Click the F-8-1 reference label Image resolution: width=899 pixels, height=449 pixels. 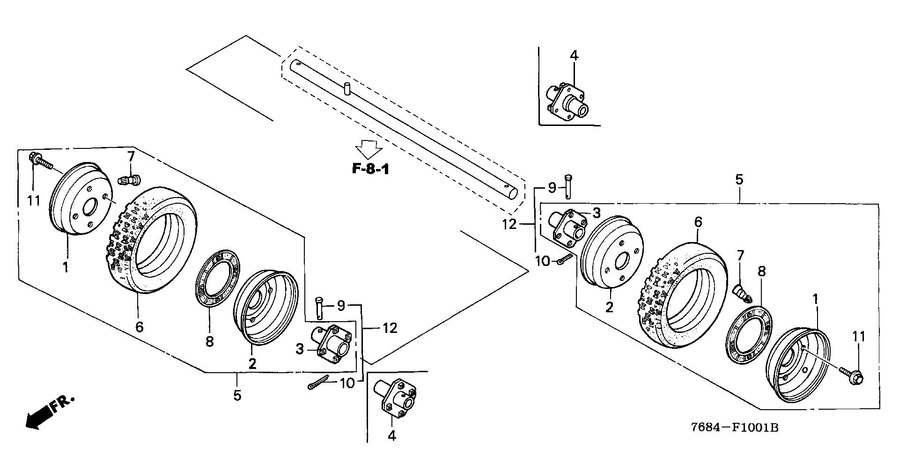[x=370, y=169]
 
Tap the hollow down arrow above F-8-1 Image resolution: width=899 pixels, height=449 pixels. [x=369, y=149]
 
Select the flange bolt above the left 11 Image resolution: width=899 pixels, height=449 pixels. [x=41, y=161]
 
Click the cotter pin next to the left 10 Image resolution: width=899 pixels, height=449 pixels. [x=319, y=383]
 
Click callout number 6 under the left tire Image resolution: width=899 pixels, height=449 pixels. [x=139, y=326]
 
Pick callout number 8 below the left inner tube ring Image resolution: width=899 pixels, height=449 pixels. [x=209, y=341]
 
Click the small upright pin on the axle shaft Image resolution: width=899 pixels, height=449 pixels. [x=347, y=88]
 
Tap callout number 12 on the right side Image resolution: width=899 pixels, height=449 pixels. [x=509, y=224]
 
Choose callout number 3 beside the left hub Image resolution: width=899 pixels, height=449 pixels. [x=300, y=348]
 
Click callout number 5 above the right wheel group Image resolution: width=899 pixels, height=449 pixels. [x=739, y=179]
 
